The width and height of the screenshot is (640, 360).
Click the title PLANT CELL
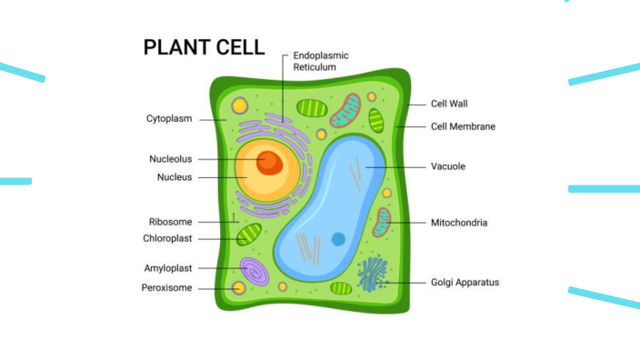tap(204, 47)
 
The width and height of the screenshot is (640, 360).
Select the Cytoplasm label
tap(168, 118)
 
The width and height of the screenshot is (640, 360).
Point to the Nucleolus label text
tap(171, 159)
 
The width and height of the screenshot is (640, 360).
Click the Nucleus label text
tap(175, 177)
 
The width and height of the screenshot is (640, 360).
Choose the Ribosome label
tap(170, 222)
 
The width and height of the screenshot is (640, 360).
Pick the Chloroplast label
tap(167, 239)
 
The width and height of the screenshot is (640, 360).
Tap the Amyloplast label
tap(167, 269)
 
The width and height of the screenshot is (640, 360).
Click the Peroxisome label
tap(166, 288)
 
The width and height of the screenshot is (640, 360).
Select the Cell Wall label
tap(449, 104)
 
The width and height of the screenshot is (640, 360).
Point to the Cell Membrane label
tap(463, 126)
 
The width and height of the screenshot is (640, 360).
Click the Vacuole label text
tap(448, 167)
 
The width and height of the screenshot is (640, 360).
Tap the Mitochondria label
tap(458, 222)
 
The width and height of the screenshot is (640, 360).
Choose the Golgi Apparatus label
tap(465, 283)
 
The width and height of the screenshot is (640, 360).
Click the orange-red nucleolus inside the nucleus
tap(268, 163)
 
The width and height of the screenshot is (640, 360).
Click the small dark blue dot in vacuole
tap(338, 239)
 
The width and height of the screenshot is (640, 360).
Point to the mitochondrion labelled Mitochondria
tap(382, 222)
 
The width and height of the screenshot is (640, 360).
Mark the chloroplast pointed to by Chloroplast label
tap(249, 236)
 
